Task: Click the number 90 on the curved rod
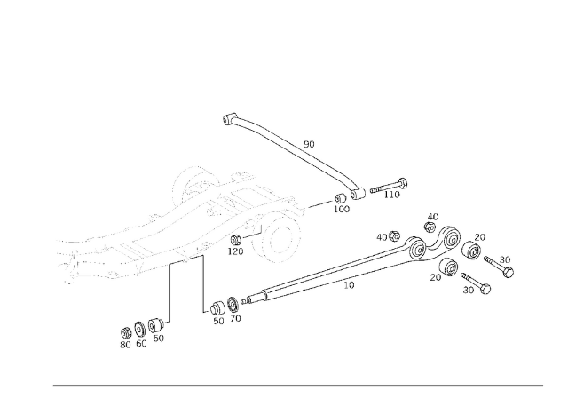[309, 144]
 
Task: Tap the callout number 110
[392, 195]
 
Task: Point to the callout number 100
[341, 209]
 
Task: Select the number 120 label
[235, 251]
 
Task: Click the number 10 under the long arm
[349, 285]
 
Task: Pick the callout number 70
[235, 318]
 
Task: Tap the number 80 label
[125, 345]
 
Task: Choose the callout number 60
[141, 343]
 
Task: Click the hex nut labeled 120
[235, 239]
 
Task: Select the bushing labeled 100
[340, 199]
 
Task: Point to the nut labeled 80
[126, 332]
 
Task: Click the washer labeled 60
[140, 329]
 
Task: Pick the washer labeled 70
[233, 304]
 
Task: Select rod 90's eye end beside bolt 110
[358, 194]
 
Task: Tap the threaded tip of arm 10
[246, 300]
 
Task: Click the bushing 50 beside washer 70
[217, 308]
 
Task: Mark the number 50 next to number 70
[218, 321]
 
